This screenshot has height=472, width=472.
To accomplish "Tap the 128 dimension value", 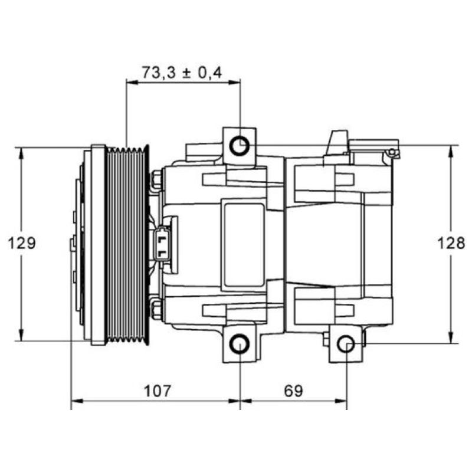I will click(451, 243).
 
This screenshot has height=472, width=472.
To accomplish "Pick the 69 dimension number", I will click(293, 391).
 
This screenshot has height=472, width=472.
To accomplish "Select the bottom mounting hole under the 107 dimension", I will click(240, 345).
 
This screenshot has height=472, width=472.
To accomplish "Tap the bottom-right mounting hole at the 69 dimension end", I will click(346, 345).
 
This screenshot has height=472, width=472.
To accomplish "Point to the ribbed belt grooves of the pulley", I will click(127, 243).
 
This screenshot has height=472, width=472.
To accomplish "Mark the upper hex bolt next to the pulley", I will click(157, 180).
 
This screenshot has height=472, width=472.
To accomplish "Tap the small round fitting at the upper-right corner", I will click(391, 154).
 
